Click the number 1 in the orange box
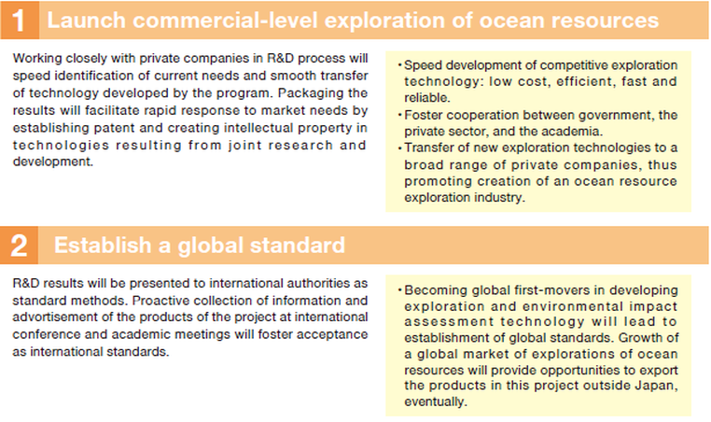(18, 21)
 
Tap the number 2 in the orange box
(19, 246)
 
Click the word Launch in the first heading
(86, 21)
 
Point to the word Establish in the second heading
(103, 245)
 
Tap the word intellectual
(258, 128)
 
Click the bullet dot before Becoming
(399, 290)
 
